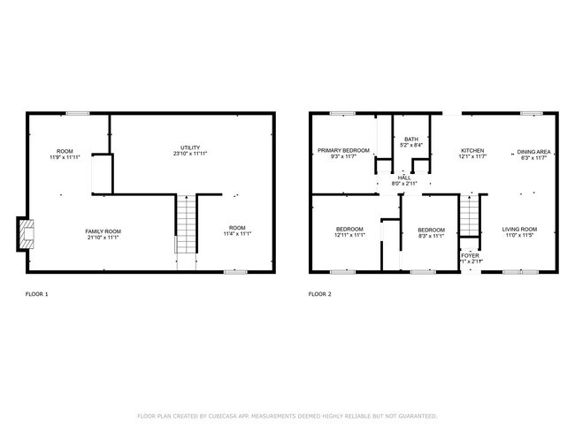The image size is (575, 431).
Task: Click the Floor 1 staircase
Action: point(184,225)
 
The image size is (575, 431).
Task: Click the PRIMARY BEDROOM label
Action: point(343,151)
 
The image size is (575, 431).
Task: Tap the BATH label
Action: point(411,139)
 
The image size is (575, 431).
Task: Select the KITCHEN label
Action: point(472,151)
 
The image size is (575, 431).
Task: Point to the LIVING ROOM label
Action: point(520,229)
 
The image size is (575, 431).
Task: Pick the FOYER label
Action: point(470,255)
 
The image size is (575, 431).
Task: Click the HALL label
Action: point(404,178)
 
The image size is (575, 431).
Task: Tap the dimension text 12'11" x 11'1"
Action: point(349,236)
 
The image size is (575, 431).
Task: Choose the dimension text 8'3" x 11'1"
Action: point(431,236)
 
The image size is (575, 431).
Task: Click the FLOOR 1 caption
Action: point(36,293)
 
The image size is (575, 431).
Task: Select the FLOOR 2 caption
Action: point(319,293)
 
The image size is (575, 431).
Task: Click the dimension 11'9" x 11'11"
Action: point(64,157)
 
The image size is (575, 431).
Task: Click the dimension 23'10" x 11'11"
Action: point(190,155)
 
